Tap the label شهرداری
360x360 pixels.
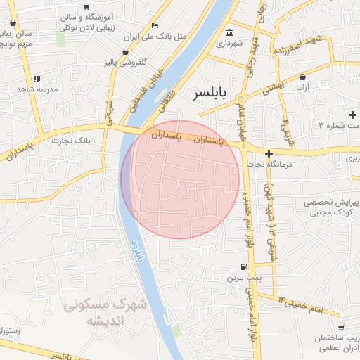click(x=230, y=44)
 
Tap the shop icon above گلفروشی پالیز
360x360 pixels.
click(x=125, y=51)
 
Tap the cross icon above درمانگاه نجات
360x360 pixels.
click(x=269, y=153)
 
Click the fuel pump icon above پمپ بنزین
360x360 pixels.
click(x=243, y=267)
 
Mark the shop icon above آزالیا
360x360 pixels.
click(x=302, y=77)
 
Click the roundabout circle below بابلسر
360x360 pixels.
click(x=241, y=99)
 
